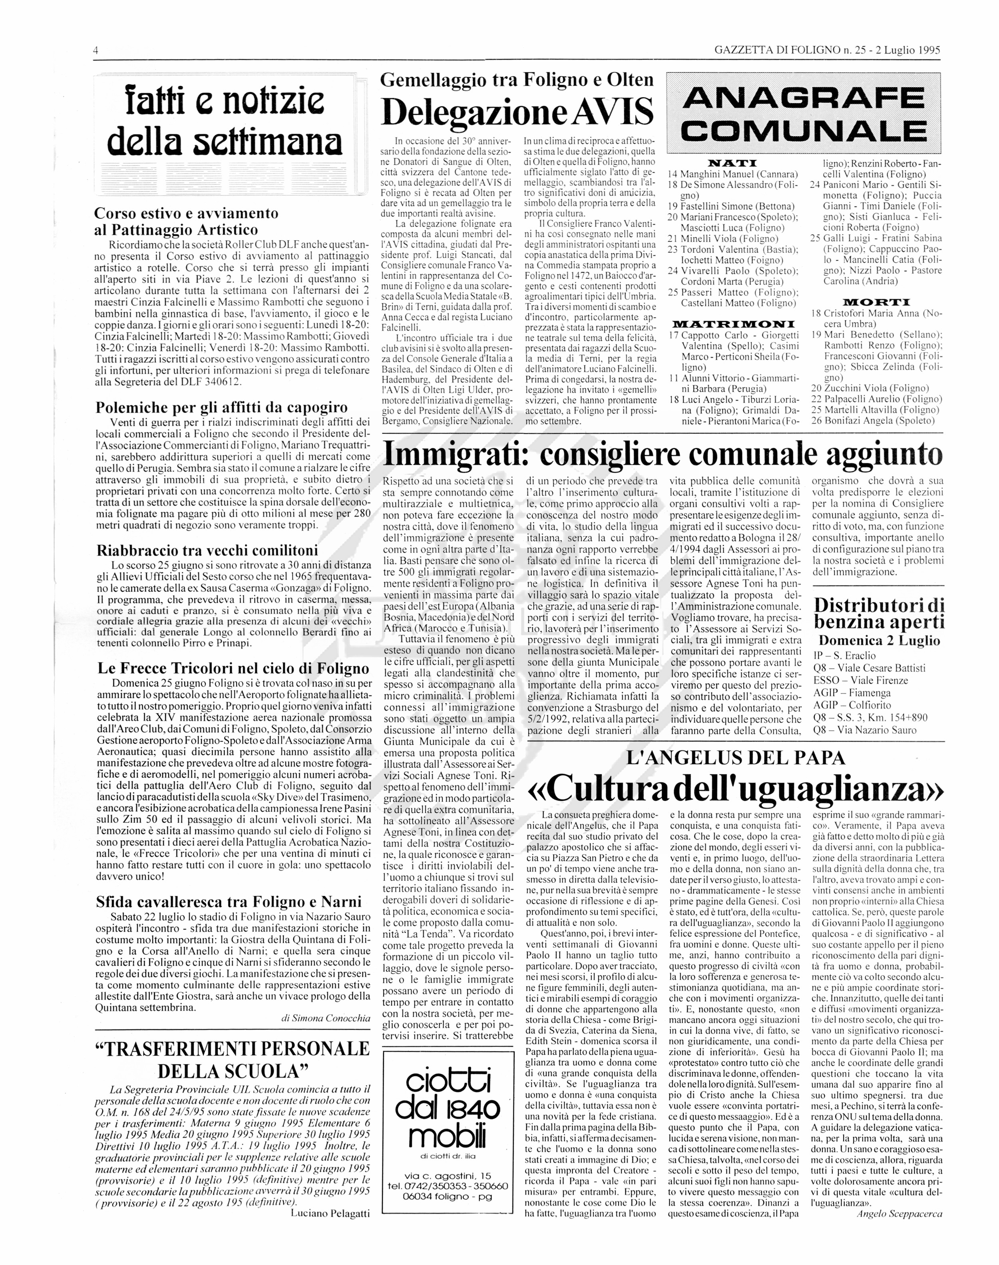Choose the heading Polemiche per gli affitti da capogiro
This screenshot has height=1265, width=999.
pos(222,407)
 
